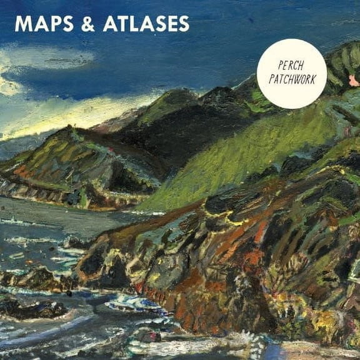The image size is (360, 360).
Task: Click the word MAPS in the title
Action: tap(41, 24)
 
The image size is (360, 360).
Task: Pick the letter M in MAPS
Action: tap(23, 24)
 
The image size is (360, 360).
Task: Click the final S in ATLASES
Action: tap(182, 24)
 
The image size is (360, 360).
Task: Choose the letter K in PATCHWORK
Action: tap(314, 80)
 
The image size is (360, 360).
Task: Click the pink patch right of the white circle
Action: tap(354, 80)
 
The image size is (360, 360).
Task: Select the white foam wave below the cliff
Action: tap(134, 305)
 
